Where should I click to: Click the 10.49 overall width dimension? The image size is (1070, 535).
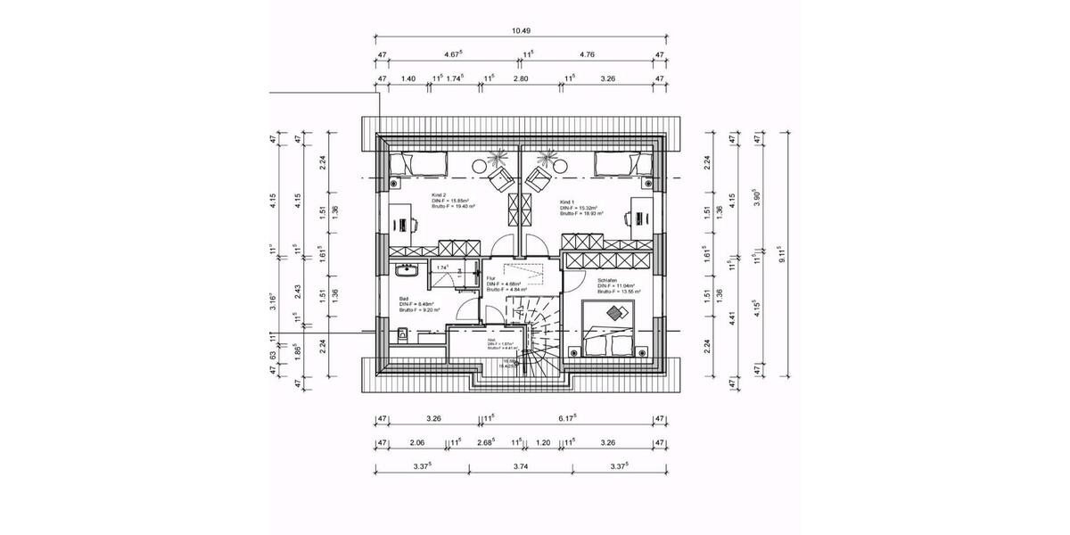click(x=521, y=30)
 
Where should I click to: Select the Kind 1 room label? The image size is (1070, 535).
click(x=568, y=202)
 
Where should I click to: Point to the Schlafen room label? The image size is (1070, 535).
click(x=606, y=280)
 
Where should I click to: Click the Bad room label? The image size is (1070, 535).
click(x=404, y=299)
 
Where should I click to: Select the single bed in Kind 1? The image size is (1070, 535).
click(x=624, y=164)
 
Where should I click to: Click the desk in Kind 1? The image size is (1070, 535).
click(x=638, y=219)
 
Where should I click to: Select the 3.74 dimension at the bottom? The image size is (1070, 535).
click(x=521, y=465)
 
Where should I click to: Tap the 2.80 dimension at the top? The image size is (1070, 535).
click(x=521, y=78)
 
